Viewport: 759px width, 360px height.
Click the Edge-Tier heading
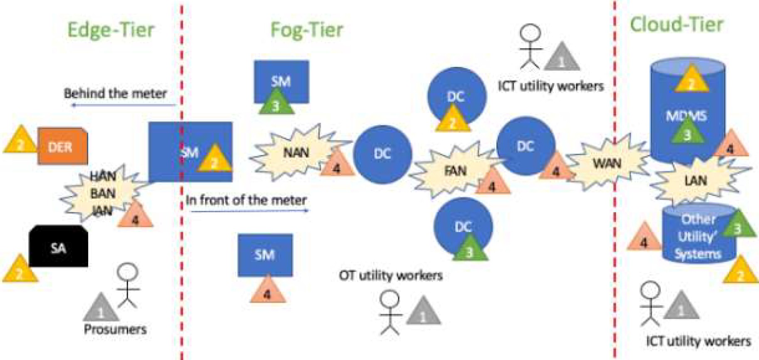111,30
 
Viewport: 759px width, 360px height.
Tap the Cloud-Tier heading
676,25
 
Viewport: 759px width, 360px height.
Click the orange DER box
63,146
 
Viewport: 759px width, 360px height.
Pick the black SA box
58,247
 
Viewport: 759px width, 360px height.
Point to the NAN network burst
296,153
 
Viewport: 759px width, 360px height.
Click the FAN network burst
455,171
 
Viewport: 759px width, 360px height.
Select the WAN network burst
607,163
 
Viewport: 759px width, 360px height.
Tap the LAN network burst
695,181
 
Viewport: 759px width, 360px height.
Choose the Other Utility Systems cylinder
697,236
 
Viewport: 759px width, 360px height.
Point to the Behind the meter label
115,93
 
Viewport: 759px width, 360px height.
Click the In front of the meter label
246,200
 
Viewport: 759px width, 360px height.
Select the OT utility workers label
390,276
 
